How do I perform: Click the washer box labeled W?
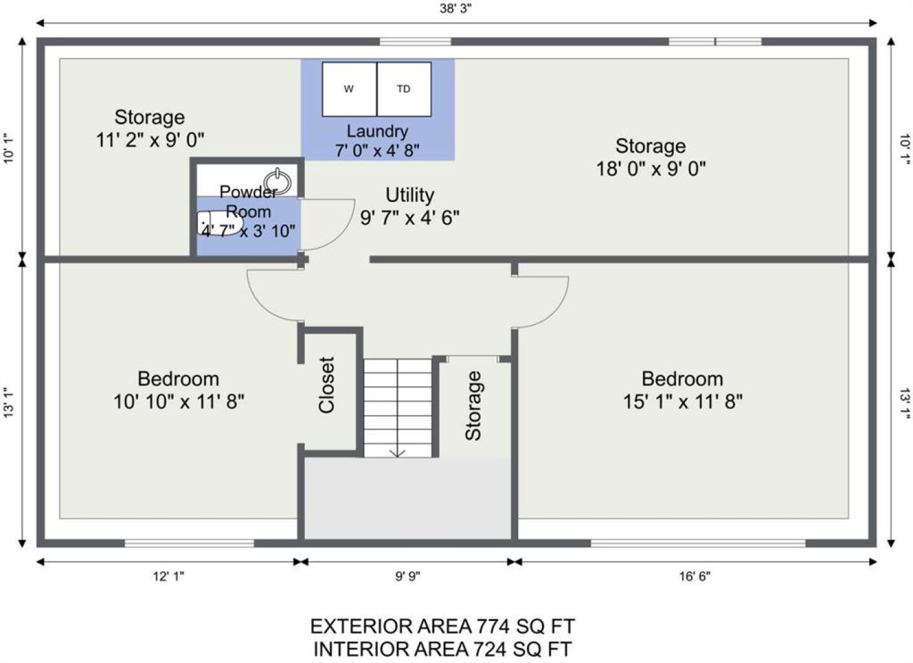tap(349, 89)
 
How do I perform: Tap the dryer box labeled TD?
tap(404, 89)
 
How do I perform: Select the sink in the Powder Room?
tap(278, 182)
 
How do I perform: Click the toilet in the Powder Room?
tap(219, 223)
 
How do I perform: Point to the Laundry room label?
tap(377, 131)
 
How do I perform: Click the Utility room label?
tap(410, 195)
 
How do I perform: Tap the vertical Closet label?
tap(327, 385)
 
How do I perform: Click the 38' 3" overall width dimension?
tap(455, 8)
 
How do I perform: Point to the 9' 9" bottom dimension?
tap(408, 576)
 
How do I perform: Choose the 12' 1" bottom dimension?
tap(169, 576)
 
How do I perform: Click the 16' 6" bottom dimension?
tap(695, 576)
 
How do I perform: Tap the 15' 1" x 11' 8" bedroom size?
tap(683, 402)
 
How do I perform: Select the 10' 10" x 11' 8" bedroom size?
tap(179, 402)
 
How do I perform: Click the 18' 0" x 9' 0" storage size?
tap(651, 168)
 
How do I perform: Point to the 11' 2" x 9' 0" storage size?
tap(150, 140)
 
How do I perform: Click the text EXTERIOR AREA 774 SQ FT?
tap(443, 626)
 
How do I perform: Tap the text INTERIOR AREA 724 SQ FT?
tap(443, 650)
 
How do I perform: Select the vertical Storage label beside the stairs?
tap(473, 405)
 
